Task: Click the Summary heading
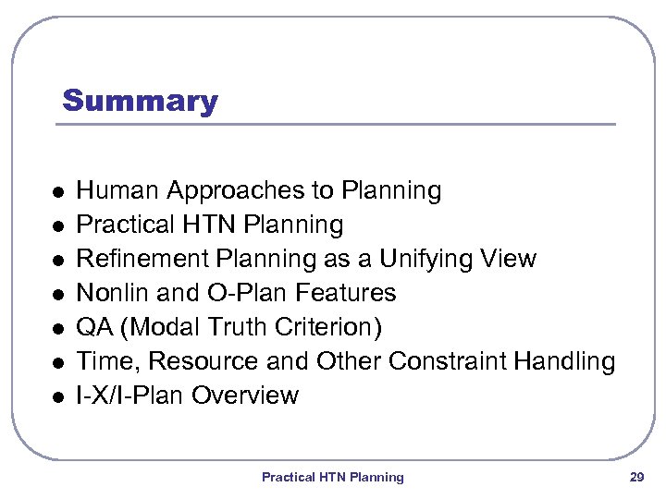(x=140, y=101)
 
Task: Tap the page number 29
(x=636, y=477)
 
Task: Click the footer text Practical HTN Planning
(x=332, y=477)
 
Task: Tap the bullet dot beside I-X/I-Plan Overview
(x=57, y=397)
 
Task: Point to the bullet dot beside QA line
(x=57, y=329)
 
